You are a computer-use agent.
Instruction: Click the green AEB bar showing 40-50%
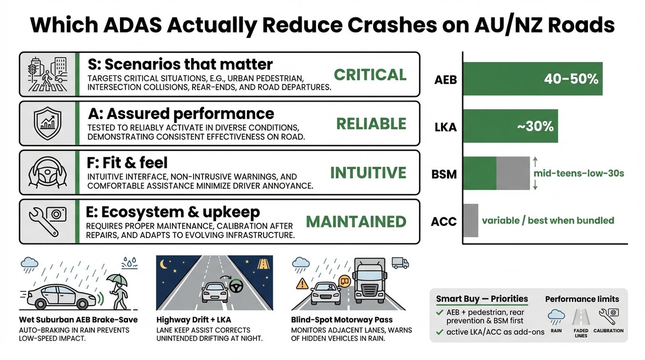point(533,79)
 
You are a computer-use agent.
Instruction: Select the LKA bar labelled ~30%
point(510,126)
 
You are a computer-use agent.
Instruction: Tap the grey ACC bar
point(471,220)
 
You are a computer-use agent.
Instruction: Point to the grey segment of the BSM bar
point(513,173)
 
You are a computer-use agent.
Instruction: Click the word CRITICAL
point(370,75)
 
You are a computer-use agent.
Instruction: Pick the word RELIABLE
point(371,124)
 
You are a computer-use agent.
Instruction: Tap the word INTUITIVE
point(368,172)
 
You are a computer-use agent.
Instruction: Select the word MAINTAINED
point(356,222)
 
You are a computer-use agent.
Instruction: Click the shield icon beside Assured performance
point(48,123)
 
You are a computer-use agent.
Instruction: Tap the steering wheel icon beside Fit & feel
point(48,172)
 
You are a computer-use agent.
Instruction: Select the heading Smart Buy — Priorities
point(482,299)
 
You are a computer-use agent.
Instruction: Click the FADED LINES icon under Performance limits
point(581,317)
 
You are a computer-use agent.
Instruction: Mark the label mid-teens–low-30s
point(578,173)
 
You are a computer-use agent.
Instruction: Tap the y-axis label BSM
point(445,174)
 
